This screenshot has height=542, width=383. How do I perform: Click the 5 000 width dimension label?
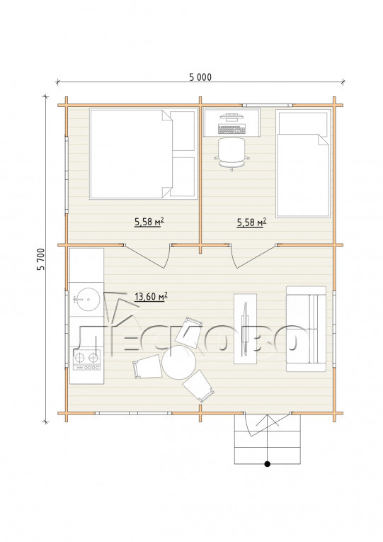click(200, 77)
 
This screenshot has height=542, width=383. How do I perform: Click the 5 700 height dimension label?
click(41, 259)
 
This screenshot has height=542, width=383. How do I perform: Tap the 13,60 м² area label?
click(151, 297)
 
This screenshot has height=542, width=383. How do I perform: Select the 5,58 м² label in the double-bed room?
click(149, 222)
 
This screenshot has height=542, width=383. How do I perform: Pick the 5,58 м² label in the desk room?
click(251, 222)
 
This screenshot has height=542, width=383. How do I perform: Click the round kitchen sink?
click(88, 298)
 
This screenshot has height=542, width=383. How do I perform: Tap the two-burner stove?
click(86, 360)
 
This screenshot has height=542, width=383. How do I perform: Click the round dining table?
click(179, 362)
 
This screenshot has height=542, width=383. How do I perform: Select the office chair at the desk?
click(231, 154)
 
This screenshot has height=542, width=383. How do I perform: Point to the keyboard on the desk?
click(231, 130)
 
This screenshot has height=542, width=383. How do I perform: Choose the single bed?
click(303, 164)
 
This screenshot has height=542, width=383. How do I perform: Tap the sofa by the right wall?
click(306, 329)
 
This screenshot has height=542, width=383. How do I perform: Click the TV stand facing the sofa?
click(245, 329)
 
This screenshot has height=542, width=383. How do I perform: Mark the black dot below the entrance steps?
click(267, 464)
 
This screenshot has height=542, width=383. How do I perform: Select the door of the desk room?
click(254, 256)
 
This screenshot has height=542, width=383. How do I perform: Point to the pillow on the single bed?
click(303, 122)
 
